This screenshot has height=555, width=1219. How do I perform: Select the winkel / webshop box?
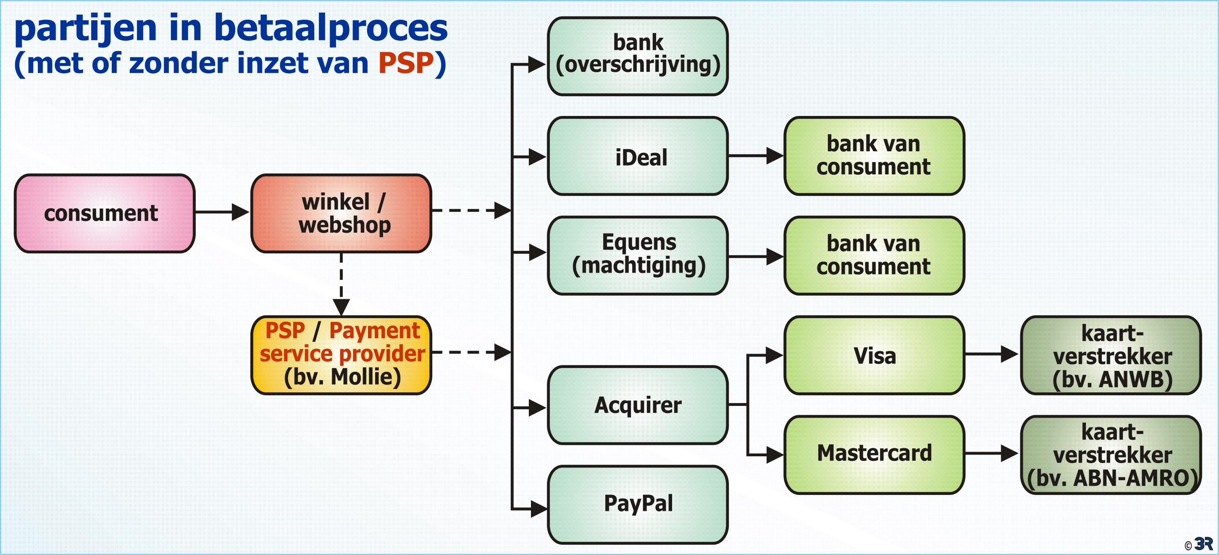(x=341, y=213)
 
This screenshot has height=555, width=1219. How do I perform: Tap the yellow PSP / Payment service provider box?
(x=341, y=355)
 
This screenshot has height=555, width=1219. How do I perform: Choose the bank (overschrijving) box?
(x=637, y=56)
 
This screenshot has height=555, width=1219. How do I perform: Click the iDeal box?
(x=637, y=156)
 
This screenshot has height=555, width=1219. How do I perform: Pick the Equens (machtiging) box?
(x=637, y=255)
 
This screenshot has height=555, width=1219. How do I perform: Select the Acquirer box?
(x=637, y=405)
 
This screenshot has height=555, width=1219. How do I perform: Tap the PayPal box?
(x=637, y=504)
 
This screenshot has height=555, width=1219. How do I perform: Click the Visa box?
(x=874, y=355)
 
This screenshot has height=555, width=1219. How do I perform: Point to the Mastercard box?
(x=874, y=455)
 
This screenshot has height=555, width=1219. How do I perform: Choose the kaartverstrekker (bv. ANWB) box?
(x=1111, y=355)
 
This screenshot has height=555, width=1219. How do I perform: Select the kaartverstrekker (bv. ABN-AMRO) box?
(x=1111, y=455)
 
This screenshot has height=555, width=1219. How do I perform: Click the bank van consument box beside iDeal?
(x=874, y=156)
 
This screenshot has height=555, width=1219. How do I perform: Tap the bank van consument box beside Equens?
(x=874, y=255)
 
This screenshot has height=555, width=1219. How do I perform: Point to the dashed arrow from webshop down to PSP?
(x=341, y=284)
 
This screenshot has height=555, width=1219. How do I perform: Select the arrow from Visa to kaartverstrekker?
(x=992, y=354)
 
